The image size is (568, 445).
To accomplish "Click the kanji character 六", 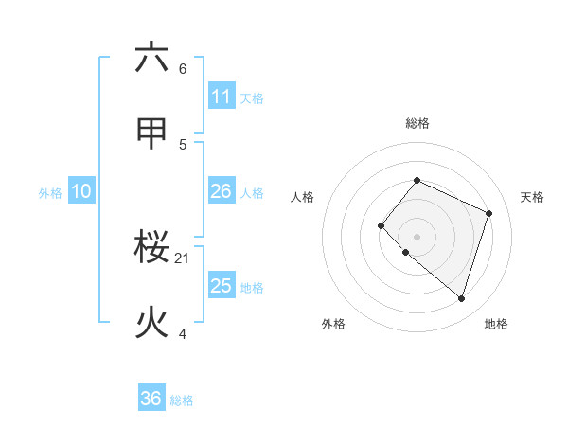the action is tap(151, 59).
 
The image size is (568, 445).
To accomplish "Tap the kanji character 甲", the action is tap(151, 133).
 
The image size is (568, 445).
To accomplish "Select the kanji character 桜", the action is tap(151, 249).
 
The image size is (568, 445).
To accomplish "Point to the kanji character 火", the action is tap(151, 323).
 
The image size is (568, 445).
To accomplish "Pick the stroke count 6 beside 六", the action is tap(183, 69).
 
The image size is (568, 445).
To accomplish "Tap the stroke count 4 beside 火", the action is tap(183, 333).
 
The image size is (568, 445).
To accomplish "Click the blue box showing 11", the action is tap(222, 97).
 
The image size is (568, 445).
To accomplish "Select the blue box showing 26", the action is tap(222, 191).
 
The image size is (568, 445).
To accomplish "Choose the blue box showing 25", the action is tap(222, 286).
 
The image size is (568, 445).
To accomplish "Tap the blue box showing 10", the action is tap(81, 191).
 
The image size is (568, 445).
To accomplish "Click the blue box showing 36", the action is tap(151, 399).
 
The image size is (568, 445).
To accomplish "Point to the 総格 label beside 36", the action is tap(182, 400).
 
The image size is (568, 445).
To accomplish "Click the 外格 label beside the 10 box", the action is tap(50, 193).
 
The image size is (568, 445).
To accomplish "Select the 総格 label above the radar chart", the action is tap(417, 123).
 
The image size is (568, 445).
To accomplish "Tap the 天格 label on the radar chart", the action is tap(532, 197).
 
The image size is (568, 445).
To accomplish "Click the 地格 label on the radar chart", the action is tap(496, 324).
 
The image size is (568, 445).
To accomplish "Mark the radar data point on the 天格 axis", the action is tap(489, 213).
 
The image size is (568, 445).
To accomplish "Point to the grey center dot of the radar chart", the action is tap(417, 236).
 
